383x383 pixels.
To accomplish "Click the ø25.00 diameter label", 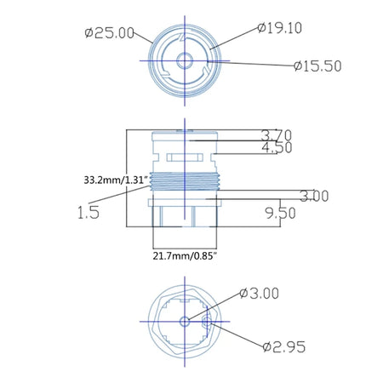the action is (110, 33).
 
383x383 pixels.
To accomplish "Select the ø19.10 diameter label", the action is (280, 28).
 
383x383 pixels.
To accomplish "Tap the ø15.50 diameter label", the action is (317, 66).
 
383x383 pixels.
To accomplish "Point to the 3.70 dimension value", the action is (277, 135).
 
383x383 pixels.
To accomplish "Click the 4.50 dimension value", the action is (277, 148).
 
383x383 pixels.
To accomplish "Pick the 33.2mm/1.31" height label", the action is (117, 180).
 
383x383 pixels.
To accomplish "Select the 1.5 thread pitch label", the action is (89, 212).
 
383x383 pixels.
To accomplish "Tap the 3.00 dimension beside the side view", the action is (314, 196).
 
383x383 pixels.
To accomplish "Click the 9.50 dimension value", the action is (280, 213).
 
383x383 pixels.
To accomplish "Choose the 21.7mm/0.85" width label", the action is (185, 256).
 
